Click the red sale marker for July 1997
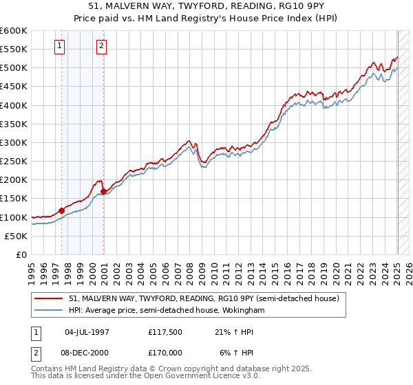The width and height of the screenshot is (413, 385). click(x=61, y=210)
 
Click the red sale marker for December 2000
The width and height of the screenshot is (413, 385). click(x=103, y=191)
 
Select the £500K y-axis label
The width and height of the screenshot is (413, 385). click(x=14, y=68)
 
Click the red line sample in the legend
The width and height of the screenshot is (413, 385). click(x=49, y=299)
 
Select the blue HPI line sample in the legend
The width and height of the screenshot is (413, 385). click(x=49, y=311)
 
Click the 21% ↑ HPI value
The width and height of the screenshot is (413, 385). click(x=234, y=332)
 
